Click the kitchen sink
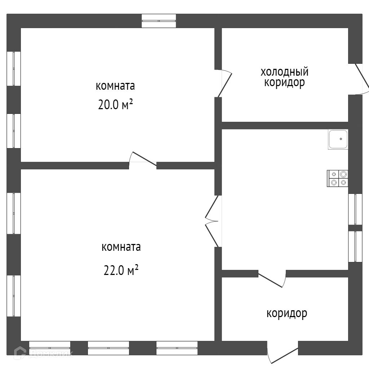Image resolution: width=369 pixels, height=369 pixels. point(338,139)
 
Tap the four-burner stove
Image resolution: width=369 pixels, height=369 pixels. point(338,178)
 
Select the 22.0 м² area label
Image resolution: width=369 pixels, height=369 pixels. point(121,270)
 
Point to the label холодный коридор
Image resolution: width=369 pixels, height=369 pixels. point(285,77)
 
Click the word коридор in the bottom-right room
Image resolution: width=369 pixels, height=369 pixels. point(287,313)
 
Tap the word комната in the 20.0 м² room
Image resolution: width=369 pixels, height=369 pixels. point(115,86)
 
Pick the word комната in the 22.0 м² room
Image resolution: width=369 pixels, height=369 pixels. point(121,247)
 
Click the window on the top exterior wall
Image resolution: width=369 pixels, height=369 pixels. point(159,21)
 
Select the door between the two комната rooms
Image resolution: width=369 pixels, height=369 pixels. point(143,161)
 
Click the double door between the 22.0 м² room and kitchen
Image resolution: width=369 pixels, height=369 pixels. point(213,221)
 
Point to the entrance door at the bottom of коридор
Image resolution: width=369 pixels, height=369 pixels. point(283,355)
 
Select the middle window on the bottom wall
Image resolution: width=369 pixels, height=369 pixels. point(108,348)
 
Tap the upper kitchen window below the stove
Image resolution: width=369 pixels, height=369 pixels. point(355,209)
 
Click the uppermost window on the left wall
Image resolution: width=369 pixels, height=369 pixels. point(14,68)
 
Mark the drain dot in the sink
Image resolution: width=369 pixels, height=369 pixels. point(341,139)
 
